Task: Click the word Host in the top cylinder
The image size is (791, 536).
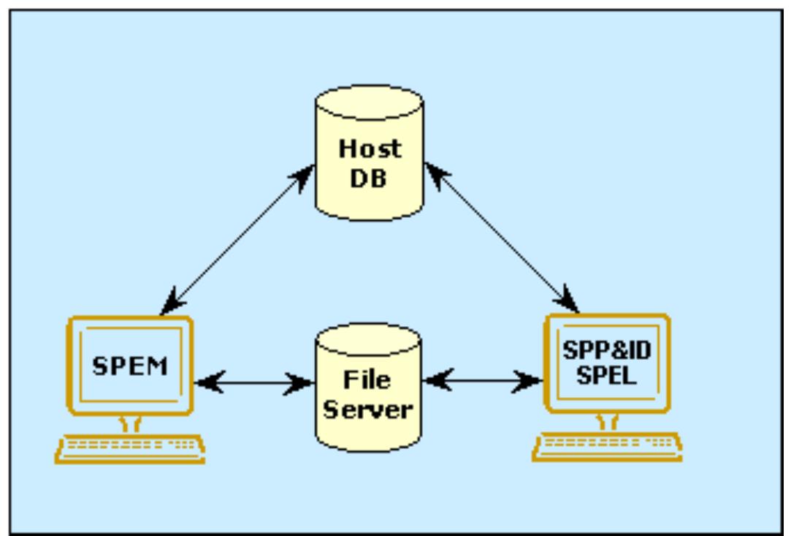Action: tap(370, 149)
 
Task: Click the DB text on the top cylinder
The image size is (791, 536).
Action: tap(370, 178)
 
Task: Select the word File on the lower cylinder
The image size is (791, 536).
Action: tap(368, 380)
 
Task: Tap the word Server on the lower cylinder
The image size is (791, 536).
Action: tap(368, 409)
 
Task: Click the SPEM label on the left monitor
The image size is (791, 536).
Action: tap(129, 366)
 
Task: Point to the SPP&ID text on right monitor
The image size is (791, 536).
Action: tap(607, 350)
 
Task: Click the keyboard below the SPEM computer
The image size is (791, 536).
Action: tap(130, 447)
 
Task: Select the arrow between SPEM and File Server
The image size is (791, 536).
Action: tap(254, 382)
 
